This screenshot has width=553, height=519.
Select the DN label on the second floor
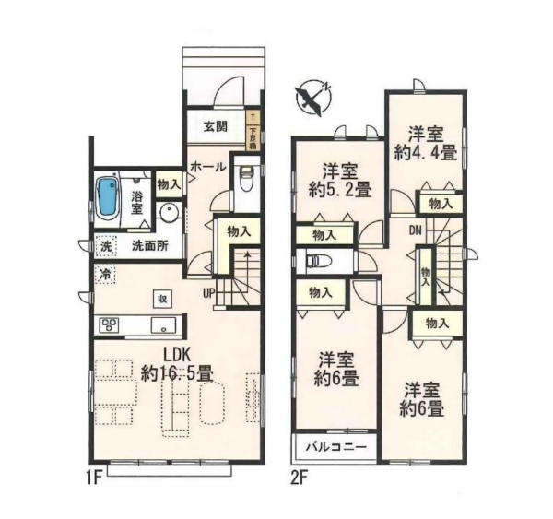416,229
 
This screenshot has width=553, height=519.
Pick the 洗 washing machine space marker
106,246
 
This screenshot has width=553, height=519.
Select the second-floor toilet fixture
314,261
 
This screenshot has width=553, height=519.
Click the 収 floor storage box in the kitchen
161,298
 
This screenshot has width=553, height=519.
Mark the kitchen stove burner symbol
109,324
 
